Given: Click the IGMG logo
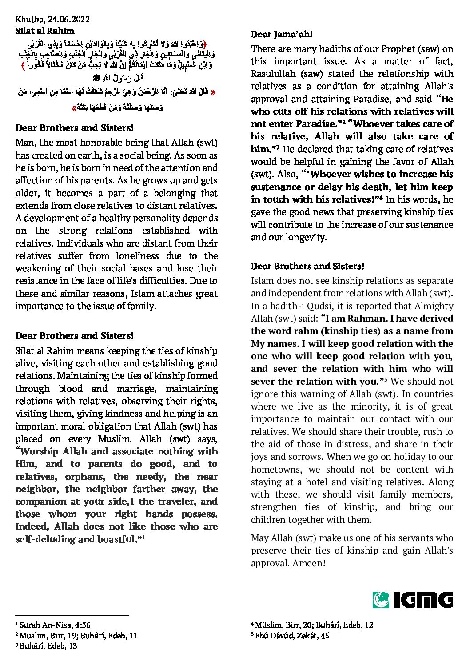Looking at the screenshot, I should point(413,600).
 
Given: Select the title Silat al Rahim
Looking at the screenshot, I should point(44,31).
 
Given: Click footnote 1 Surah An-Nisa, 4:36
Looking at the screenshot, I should point(53,625).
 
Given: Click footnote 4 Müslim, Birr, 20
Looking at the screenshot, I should point(312,625).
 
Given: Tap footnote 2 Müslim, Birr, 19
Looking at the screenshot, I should point(76,635).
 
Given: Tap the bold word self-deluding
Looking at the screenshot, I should point(45,539).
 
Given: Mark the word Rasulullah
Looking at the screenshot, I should point(272,74).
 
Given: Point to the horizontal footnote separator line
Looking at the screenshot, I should point(72,615).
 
